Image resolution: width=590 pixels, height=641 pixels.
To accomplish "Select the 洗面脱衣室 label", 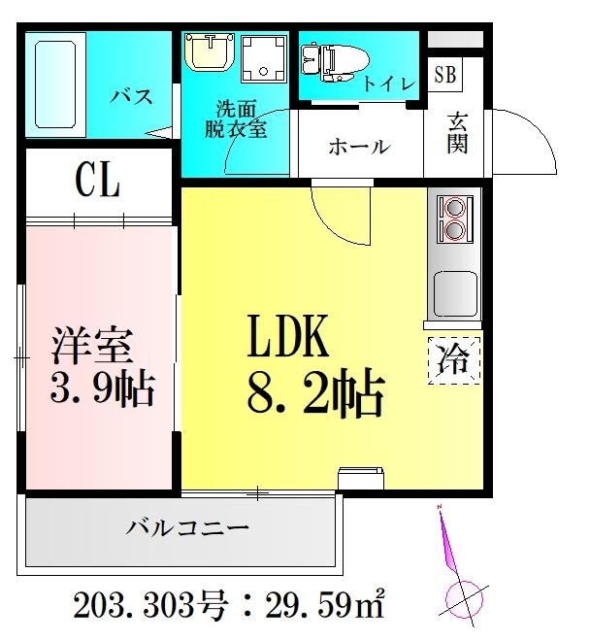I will pos(235,120).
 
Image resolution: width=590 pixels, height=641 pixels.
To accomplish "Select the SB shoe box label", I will pos(444,74).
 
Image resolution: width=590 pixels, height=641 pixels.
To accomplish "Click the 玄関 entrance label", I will pos(457,133).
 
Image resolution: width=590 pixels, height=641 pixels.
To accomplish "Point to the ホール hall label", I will pos(358,148).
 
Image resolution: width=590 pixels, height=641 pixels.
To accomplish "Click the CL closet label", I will pos(97,181).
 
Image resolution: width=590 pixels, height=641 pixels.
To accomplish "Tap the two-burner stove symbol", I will pos(452,219).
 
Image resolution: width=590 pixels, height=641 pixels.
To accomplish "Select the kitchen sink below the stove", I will pos(452,292).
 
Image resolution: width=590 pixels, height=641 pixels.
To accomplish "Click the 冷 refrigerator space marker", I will pos(453,360).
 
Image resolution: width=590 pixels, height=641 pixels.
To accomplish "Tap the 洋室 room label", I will pos(94,346).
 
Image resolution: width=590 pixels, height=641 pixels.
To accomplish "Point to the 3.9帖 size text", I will pos(100,390).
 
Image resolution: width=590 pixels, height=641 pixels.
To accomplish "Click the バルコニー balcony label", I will pos(187,529).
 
